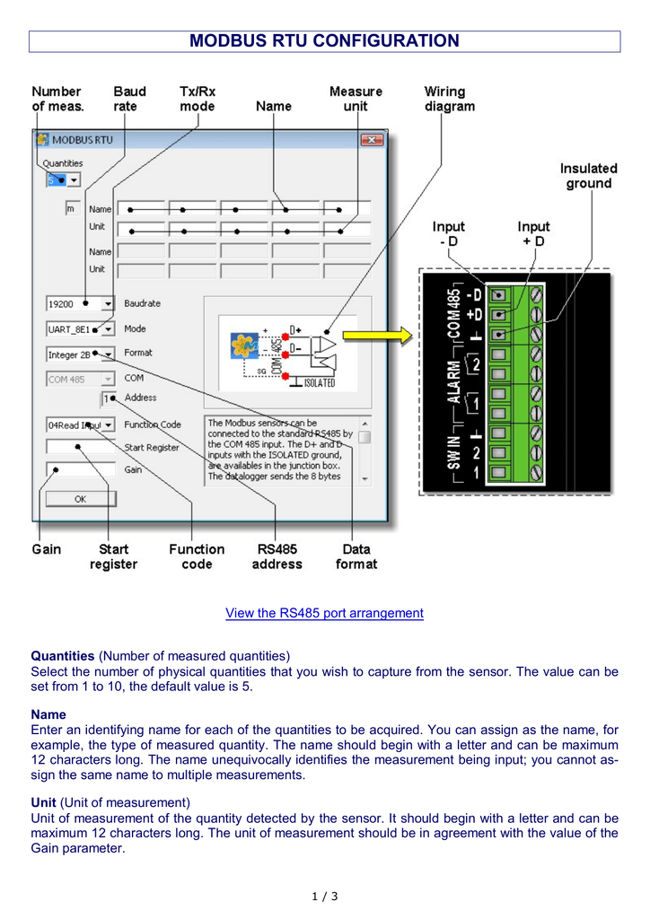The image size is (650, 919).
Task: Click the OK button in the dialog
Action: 81,498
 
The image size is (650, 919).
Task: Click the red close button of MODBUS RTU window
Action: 372,140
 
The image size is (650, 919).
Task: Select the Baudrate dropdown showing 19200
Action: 81,304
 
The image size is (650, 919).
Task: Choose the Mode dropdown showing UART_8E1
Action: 81,329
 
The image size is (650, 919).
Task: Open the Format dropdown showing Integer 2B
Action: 81,354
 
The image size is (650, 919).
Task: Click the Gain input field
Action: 81,470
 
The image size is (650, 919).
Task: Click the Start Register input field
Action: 81,447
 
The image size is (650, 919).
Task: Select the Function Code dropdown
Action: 81,424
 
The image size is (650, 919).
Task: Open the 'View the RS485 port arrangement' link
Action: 324,613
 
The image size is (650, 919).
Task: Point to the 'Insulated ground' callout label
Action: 588,176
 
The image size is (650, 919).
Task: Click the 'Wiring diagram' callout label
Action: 450,99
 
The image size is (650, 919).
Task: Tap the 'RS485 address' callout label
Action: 277,556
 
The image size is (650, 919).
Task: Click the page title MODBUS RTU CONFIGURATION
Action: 324,41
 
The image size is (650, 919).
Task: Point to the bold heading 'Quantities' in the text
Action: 63,655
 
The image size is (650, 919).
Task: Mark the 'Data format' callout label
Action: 356,556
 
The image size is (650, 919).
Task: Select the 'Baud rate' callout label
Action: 130,99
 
